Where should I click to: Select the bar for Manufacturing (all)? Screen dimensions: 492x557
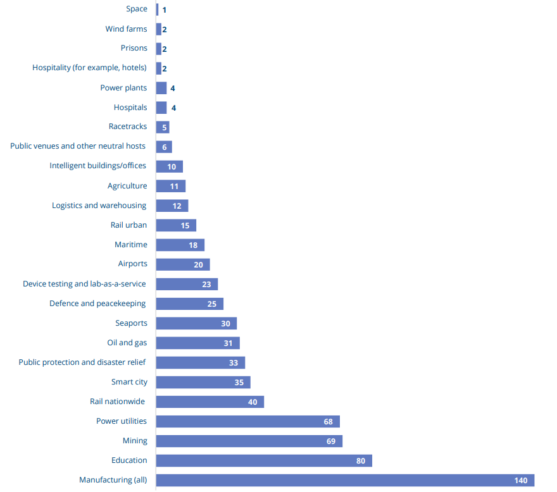[x=345, y=480]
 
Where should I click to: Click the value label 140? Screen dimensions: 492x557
[x=521, y=481]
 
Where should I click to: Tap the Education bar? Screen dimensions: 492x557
[x=264, y=460]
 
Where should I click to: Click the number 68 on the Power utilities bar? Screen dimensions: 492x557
[x=328, y=422]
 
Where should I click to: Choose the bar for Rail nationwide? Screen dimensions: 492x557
[x=210, y=402]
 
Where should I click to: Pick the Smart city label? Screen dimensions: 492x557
[x=129, y=382]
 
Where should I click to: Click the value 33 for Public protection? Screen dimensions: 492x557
[x=234, y=363]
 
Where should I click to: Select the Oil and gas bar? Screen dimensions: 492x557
[x=197, y=343]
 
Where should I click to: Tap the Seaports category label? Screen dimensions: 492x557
[x=131, y=323]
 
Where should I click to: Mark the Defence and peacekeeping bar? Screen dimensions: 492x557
[x=189, y=304]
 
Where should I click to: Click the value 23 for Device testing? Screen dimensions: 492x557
[x=206, y=285]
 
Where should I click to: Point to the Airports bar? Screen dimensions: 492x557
[x=182, y=264]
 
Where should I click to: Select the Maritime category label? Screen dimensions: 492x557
[x=131, y=245]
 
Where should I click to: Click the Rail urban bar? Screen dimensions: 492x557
[x=176, y=225]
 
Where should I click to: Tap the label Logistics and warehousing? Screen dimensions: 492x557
[x=99, y=206]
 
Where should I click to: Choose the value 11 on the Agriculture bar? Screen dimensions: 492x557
[x=174, y=187]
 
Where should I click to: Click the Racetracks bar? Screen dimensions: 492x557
[x=163, y=127]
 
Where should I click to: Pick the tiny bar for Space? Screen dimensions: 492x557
[x=157, y=9]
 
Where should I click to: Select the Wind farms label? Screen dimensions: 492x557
[x=126, y=29]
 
